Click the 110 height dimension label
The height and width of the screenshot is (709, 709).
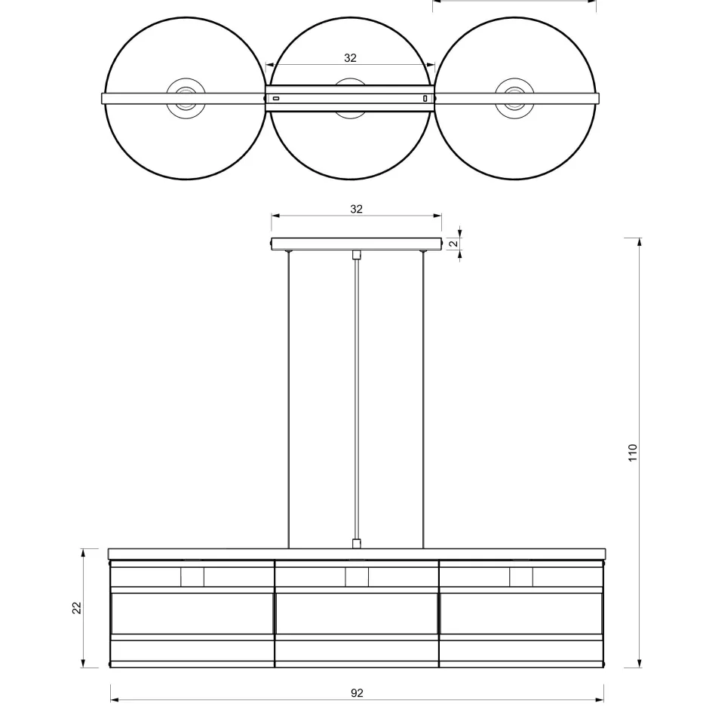[x=633, y=453]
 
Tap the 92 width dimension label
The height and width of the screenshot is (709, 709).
[x=357, y=693]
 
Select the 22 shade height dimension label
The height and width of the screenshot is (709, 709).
[x=77, y=608]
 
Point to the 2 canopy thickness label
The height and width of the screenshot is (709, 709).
[x=454, y=244]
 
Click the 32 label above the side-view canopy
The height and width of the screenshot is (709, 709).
[x=356, y=209]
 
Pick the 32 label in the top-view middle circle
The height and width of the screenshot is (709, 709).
[x=351, y=58]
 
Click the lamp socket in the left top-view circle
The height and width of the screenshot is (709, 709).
[x=186, y=98]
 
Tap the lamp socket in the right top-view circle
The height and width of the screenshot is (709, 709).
[x=514, y=98]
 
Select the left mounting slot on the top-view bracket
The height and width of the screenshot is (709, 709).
[x=276, y=98]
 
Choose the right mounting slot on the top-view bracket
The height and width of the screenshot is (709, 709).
[x=425, y=98]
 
